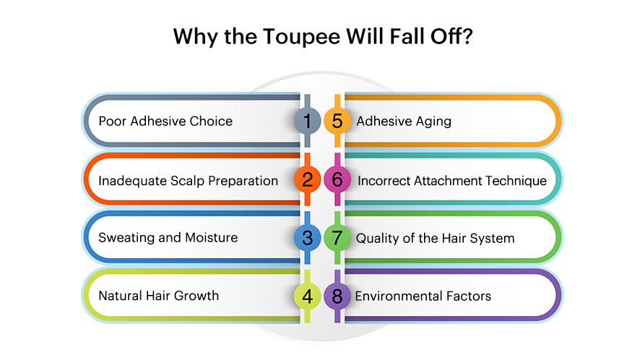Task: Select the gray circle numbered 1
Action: (x=307, y=121)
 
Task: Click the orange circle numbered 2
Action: (x=307, y=179)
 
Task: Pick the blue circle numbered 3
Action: (x=307, y=238)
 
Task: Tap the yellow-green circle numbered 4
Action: (x=307, y=296)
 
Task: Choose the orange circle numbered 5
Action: (x=337, y=121)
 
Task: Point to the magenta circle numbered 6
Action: (x=337, y=179)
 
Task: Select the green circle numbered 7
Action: (x=337, y=238)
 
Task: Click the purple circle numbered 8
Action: (x=337, y=296)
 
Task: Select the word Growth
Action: (x=196, y=296)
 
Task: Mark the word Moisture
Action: (x=212, y=238)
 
